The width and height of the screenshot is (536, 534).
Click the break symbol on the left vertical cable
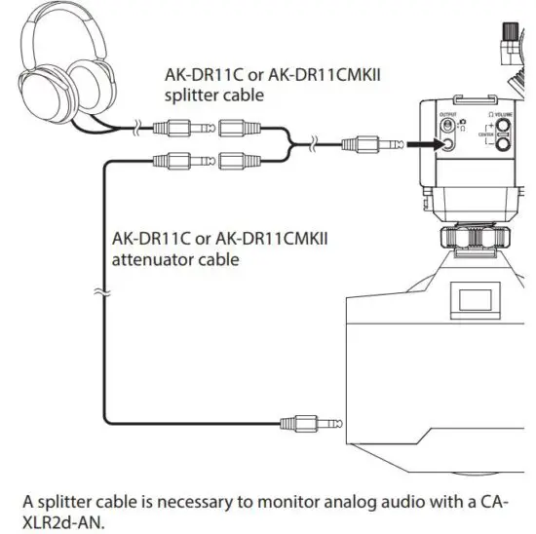click(x=101, y=290)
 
